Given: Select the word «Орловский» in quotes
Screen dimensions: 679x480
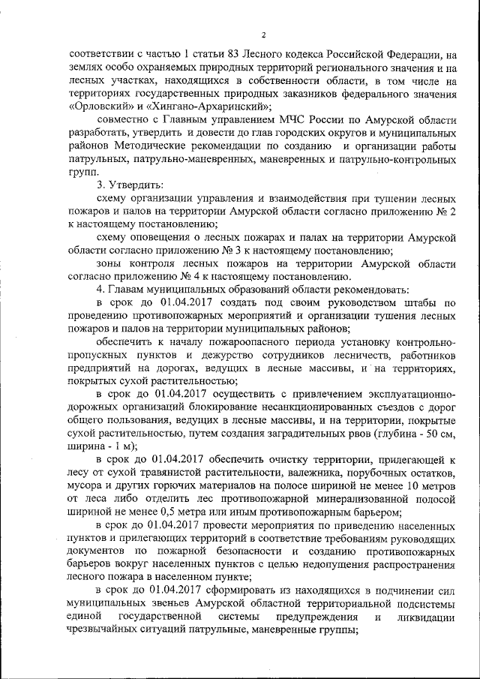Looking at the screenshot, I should (x=97, y=107).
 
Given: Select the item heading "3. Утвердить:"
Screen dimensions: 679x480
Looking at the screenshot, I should (x=130, y=185).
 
